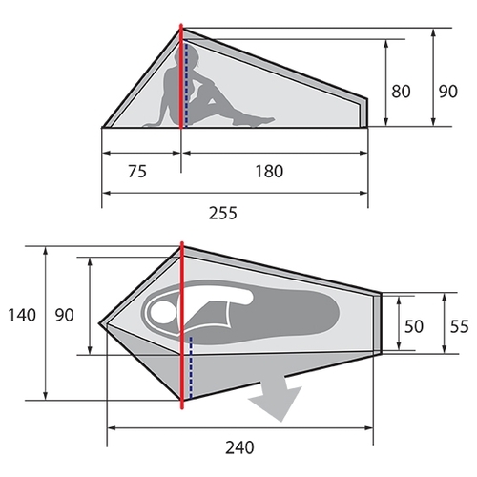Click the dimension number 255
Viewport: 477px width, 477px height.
(x=223, y=213)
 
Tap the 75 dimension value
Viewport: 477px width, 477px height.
(x=137, y=171)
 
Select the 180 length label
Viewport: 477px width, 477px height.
(x=269, y=171)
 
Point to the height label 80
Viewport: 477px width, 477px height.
(x=401, y=92)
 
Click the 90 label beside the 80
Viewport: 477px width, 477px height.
(x=448, y=92)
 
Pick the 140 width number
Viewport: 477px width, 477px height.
(x=22, y=315)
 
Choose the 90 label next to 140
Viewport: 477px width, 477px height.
(x=65, y=315)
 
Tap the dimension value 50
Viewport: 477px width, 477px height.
(x=414, y=326)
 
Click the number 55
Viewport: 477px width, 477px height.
(x=460, y=326)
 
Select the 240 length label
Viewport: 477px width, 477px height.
(x=239, y=447)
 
